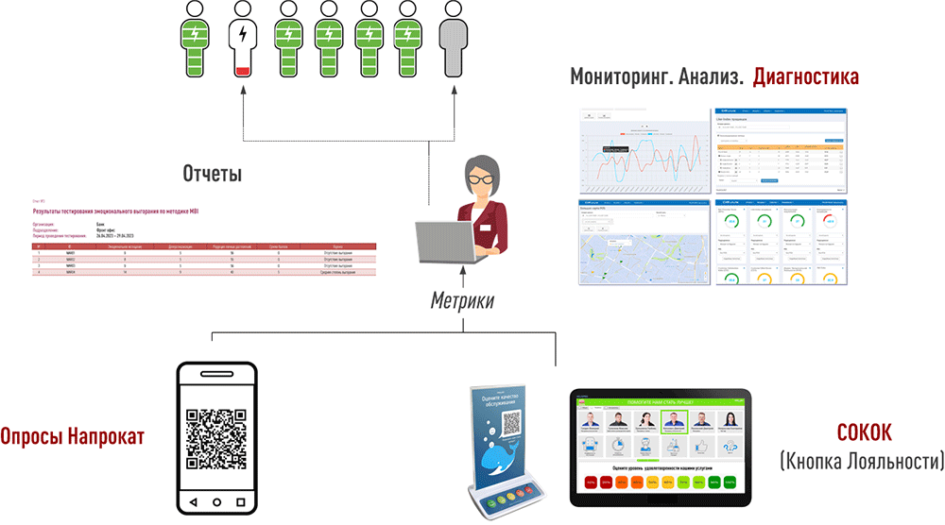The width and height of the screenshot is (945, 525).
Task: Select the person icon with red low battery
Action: (x=243, y=42)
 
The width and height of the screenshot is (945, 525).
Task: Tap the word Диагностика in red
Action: (x=806, y=76)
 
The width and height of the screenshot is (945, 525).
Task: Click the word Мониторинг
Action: (x=621, y=76)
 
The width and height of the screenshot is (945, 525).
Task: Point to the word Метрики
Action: (x=462, y=301)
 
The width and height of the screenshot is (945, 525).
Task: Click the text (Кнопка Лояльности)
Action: (x=861, y=462)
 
